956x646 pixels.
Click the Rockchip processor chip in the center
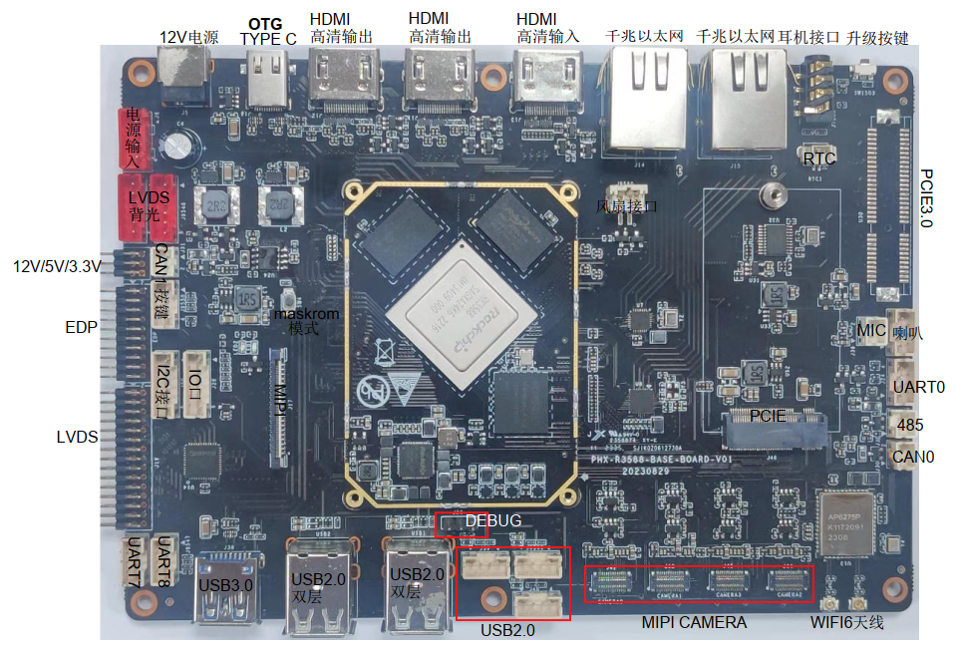tap(460, 316)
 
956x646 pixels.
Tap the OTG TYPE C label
tap(268, 31)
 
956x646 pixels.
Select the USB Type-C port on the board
tap(268, 80)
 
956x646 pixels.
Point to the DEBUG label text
tap(492, 520)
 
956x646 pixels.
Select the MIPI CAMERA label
tap(694, 622)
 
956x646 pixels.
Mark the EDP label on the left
tap(81, 327)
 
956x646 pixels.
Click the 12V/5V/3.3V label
tap(57, 266)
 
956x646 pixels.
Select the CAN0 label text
tap(913, 458)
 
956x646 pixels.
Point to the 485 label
tap(909, 425)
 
